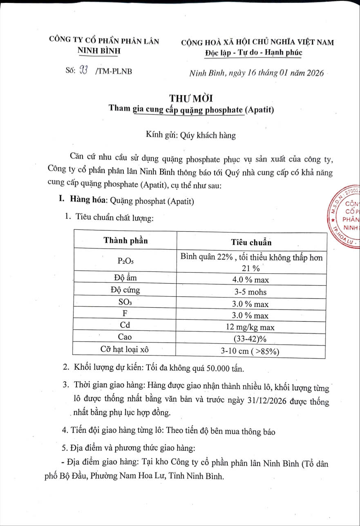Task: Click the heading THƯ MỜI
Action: click(191, 98)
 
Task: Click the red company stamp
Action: click(346, 217)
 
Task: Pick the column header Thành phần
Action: click(126, 240)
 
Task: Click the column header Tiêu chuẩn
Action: click(251, 242)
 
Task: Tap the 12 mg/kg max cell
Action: click(250, 327)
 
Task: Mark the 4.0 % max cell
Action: click(250, 280)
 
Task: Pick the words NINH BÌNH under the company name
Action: click(100, 51)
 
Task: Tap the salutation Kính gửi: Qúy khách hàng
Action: click(191, 135)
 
